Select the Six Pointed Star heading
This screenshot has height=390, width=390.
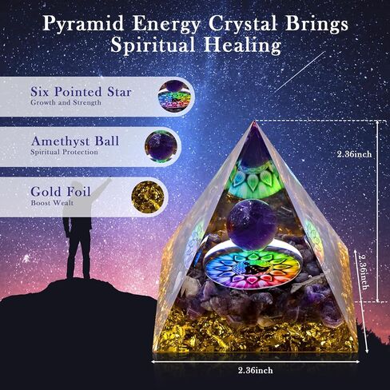pos(81,92)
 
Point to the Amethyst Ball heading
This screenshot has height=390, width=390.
pos(74,141)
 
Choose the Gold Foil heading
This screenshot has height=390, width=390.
pos(60,192)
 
